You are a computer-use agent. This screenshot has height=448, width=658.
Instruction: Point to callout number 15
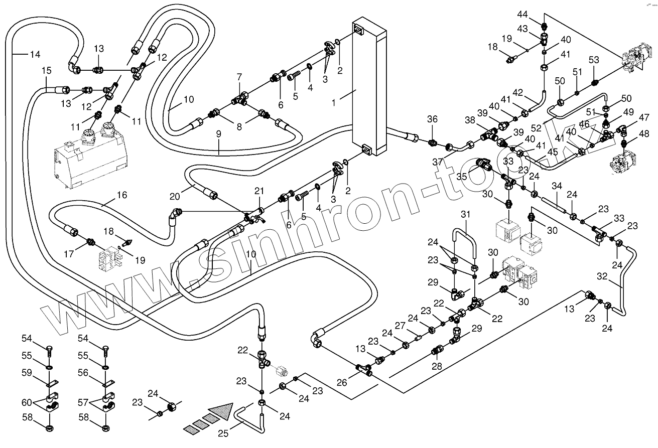click(x=46, y=71)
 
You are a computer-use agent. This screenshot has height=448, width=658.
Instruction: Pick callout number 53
click(x=594, y=60)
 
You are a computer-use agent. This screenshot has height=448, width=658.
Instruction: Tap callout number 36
click(x=433, y=119)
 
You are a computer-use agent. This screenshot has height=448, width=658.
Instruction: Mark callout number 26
click(x=341, y=382)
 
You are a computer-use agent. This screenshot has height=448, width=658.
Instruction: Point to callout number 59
click(x=27, y=373)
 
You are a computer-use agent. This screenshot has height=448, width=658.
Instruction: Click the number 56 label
click(x=83, y=373)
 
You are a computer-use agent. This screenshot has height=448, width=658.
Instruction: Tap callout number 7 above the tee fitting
click(x=239, y=77)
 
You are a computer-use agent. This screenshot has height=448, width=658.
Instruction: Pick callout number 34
click(x=556, y=187)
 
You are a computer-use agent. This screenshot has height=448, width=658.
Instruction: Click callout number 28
click(x=437, y=366)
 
